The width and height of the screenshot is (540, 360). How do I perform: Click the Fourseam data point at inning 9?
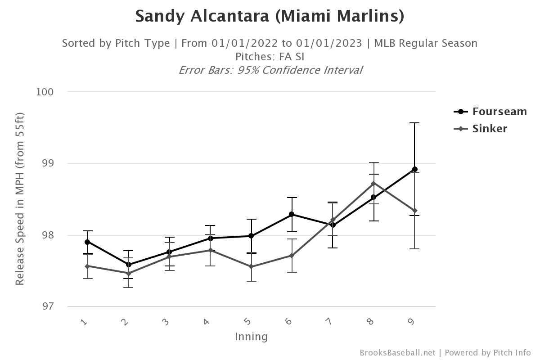415,170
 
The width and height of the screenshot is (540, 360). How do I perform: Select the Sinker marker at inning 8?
373,184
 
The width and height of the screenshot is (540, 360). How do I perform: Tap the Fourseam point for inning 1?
87,242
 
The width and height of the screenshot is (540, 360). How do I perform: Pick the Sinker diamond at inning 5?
251,267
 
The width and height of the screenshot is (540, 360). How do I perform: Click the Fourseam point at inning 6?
292,214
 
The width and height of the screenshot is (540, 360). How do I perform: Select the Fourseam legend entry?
490,112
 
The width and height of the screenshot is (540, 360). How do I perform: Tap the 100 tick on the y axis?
45,92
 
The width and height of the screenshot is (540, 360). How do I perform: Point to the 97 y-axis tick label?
47,306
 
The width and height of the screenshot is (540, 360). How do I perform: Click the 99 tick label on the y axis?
47,163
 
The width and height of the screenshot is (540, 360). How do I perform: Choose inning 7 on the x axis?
329,321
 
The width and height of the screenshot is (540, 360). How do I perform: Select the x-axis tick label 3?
166,321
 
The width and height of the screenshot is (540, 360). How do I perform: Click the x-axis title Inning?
251,337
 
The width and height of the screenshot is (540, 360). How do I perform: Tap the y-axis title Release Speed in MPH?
20,198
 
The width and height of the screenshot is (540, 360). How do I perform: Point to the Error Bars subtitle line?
270,70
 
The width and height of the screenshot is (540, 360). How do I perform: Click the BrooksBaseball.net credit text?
397,353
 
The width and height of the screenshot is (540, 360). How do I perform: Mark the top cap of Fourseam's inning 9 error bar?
415,123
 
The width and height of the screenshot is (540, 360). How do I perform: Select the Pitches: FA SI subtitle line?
270,57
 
